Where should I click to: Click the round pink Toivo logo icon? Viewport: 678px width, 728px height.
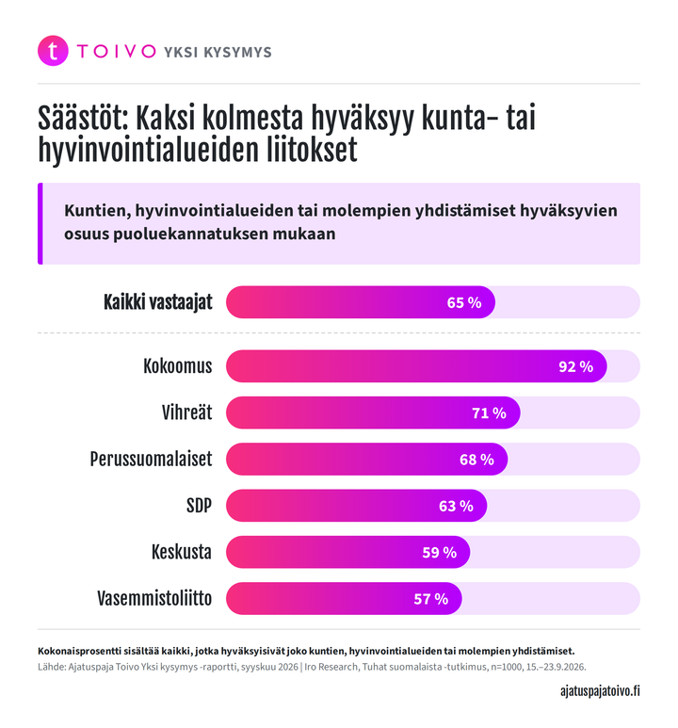pos(53,51)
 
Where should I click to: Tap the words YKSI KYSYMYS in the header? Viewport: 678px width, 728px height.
pos(218,52)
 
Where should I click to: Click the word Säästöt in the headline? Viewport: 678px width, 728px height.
pos(83,118)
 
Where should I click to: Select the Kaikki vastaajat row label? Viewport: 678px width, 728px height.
pos(158,302)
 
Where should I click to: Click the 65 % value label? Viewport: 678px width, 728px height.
pos(464,302)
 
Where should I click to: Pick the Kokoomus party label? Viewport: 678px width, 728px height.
pos(177,366)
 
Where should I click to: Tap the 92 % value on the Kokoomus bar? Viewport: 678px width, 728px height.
pos(576,366)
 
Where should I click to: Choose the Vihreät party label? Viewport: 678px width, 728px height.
pos(186,413)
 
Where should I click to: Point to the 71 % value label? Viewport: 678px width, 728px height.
pos(489,413)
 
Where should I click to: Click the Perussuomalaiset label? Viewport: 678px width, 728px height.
pos(151,460)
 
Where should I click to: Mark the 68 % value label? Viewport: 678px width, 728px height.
pos(476,460)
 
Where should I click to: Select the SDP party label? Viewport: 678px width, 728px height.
pos(199,506)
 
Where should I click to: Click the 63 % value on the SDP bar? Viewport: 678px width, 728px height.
pos(456,506)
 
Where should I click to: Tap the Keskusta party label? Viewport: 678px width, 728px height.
pos(182,552)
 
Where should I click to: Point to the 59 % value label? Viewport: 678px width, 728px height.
pos(440,553)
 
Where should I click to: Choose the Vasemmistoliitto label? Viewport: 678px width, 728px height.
pos(154,598)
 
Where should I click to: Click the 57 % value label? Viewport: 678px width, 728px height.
pos(431,599)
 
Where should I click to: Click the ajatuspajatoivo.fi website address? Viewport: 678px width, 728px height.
pos(600,691)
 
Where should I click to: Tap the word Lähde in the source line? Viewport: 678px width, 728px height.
pos(51,667)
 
